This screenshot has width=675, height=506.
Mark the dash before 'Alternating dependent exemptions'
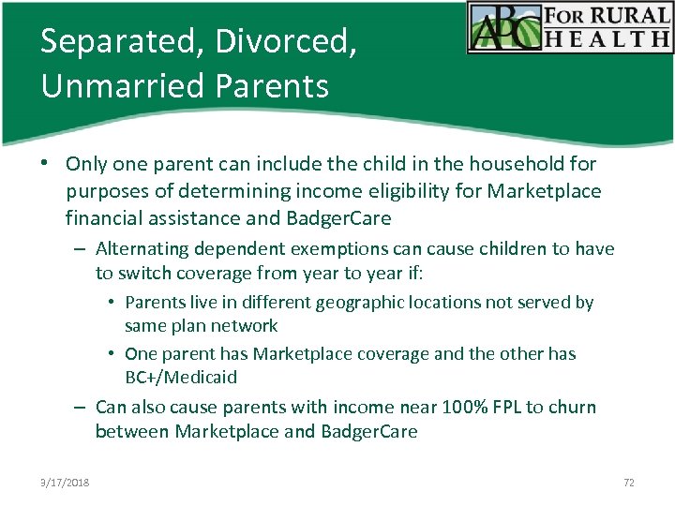point(82,249)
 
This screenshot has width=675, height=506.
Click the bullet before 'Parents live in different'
point(112,303)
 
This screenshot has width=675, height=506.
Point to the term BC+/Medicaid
point(181,377)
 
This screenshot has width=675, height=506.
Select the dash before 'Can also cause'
point(82,408)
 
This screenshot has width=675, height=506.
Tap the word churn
point(572,407)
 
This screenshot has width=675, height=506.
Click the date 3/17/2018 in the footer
point(66,482)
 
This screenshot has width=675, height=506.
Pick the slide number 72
point(628,482)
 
